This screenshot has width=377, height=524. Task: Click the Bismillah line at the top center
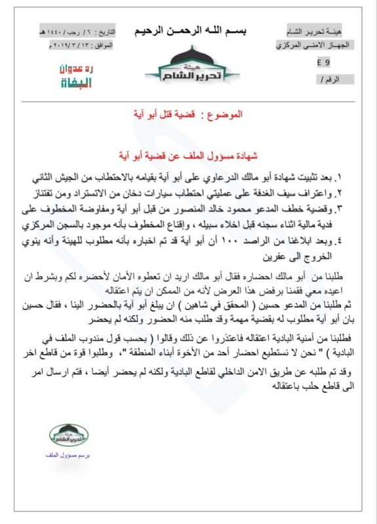(189, 31)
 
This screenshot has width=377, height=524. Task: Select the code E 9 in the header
(323, 62)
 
